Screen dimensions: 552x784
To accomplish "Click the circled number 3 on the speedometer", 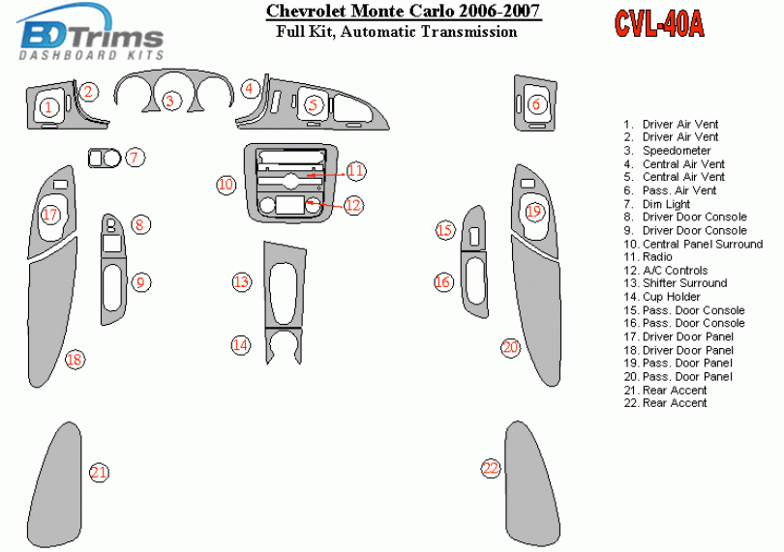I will [x=171, y=100].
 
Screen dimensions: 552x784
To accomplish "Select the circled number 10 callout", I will [x=226, y=184].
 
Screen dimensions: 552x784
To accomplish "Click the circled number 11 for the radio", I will [x=355, y=171].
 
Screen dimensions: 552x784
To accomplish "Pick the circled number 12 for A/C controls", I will [x=353, y=204].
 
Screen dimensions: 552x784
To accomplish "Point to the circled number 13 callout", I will [x=241, y=282].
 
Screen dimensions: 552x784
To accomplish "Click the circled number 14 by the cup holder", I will [x=240, y=344].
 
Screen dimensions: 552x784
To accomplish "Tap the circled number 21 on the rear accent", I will [x=99, y=473].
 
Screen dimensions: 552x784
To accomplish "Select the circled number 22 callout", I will [x=491, y=469].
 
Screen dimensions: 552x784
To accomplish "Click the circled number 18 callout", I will [x=75, y=360].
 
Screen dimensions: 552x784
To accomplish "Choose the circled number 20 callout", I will [x=510, y=347].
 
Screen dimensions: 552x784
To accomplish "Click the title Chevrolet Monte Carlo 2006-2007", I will [x=403, y=13].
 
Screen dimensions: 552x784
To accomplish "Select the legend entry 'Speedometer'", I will [x=677, y=151].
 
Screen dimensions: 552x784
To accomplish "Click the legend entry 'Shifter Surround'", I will [x=684, y=283].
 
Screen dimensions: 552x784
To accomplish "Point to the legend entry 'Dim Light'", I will [x=666, y=204].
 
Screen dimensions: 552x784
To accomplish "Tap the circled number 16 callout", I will [x=443, y=282].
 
